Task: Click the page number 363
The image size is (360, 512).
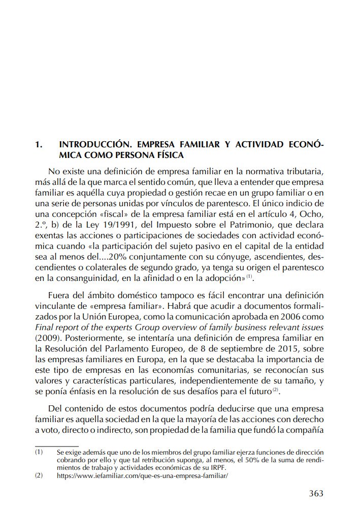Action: click(316, 493)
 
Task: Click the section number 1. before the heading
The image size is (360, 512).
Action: click(38, 145)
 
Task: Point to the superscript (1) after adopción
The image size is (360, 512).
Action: click(249, 276)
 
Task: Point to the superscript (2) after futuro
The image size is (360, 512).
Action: click(275, 390)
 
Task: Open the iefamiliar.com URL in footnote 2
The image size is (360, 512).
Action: click(143, 476)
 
